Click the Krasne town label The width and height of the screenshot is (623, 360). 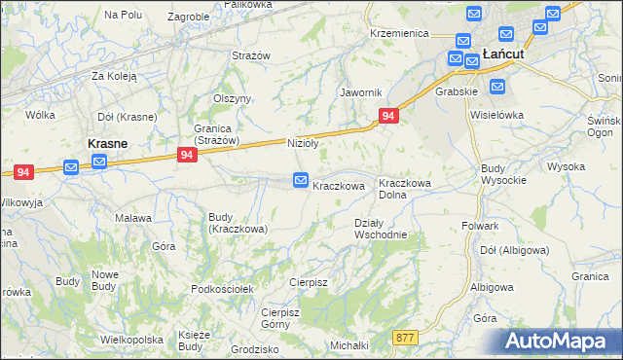tap(109, 143)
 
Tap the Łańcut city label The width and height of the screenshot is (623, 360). tap(503, 54)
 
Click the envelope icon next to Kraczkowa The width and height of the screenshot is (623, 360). tap(301, 180)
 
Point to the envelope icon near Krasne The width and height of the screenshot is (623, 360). tap(71, 167)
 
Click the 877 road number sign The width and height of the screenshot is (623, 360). tap(406, 337)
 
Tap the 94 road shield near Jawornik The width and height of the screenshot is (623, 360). tap(388, 116)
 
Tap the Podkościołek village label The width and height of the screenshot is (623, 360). tap(223, 289)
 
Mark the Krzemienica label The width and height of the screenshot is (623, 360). tap(399, 33)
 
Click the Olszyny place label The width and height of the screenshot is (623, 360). tap(233, 98)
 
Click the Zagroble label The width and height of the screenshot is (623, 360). tap(188, 17)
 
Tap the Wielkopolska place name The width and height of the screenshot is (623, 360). tap(130, 341)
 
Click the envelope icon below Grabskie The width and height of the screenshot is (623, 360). tap(497, 87)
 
